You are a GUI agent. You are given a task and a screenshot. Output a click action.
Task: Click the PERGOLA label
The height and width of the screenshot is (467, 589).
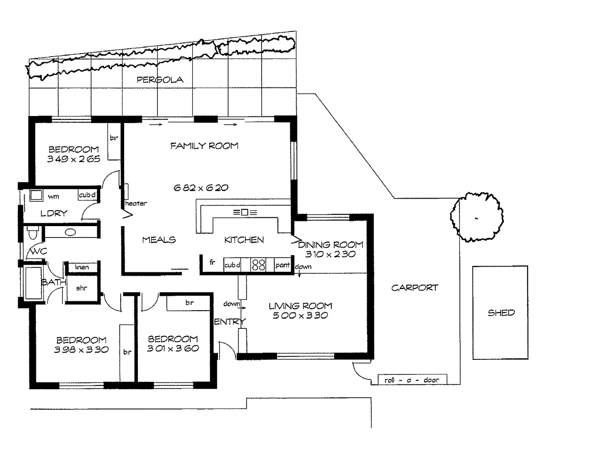coord(160,80)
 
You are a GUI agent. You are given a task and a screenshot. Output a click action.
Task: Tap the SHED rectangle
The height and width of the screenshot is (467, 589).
coord(500,313)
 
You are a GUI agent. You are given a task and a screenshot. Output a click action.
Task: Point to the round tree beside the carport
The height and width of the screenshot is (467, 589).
coord(477,217)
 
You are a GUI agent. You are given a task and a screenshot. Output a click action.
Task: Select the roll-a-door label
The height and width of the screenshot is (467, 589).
coord(412,380)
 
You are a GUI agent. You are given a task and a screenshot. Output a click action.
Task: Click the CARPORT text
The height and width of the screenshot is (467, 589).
coord(414,288)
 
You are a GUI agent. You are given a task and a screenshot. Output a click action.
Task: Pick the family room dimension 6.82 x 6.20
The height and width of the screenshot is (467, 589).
coord(201,188)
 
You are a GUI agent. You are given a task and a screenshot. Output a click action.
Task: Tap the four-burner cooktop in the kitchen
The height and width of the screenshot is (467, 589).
coord(258,264)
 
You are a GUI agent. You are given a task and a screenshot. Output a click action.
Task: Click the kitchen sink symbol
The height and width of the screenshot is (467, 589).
coord(245,212)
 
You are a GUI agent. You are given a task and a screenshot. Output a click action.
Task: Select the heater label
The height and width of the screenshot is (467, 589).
coord(136,204)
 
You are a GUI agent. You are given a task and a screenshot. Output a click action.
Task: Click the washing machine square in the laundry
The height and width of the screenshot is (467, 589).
coord(36,195)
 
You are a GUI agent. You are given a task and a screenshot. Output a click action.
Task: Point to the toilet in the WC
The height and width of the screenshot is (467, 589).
coord(33,233)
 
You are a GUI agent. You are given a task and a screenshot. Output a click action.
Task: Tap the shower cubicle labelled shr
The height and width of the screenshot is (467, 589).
coord(81,288)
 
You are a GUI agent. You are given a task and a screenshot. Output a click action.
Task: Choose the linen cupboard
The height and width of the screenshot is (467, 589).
coord(82,267)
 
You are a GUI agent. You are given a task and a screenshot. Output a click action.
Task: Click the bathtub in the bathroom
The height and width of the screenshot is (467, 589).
coord(33,283)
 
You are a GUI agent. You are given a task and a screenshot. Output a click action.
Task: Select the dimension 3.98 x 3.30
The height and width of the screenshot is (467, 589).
coord(81,350)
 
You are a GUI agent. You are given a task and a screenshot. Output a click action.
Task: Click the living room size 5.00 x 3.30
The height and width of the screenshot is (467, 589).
coord(300,316)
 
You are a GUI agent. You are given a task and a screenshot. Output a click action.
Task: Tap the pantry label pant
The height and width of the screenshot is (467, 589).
coord(282,265)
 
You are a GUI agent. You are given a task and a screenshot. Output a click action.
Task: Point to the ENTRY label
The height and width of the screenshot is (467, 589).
coord(230,321)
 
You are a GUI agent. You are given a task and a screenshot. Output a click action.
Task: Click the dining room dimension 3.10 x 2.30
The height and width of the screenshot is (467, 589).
coord(330,254)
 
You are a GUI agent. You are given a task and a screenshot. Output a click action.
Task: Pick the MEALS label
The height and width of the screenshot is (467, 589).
coord(159,240)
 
